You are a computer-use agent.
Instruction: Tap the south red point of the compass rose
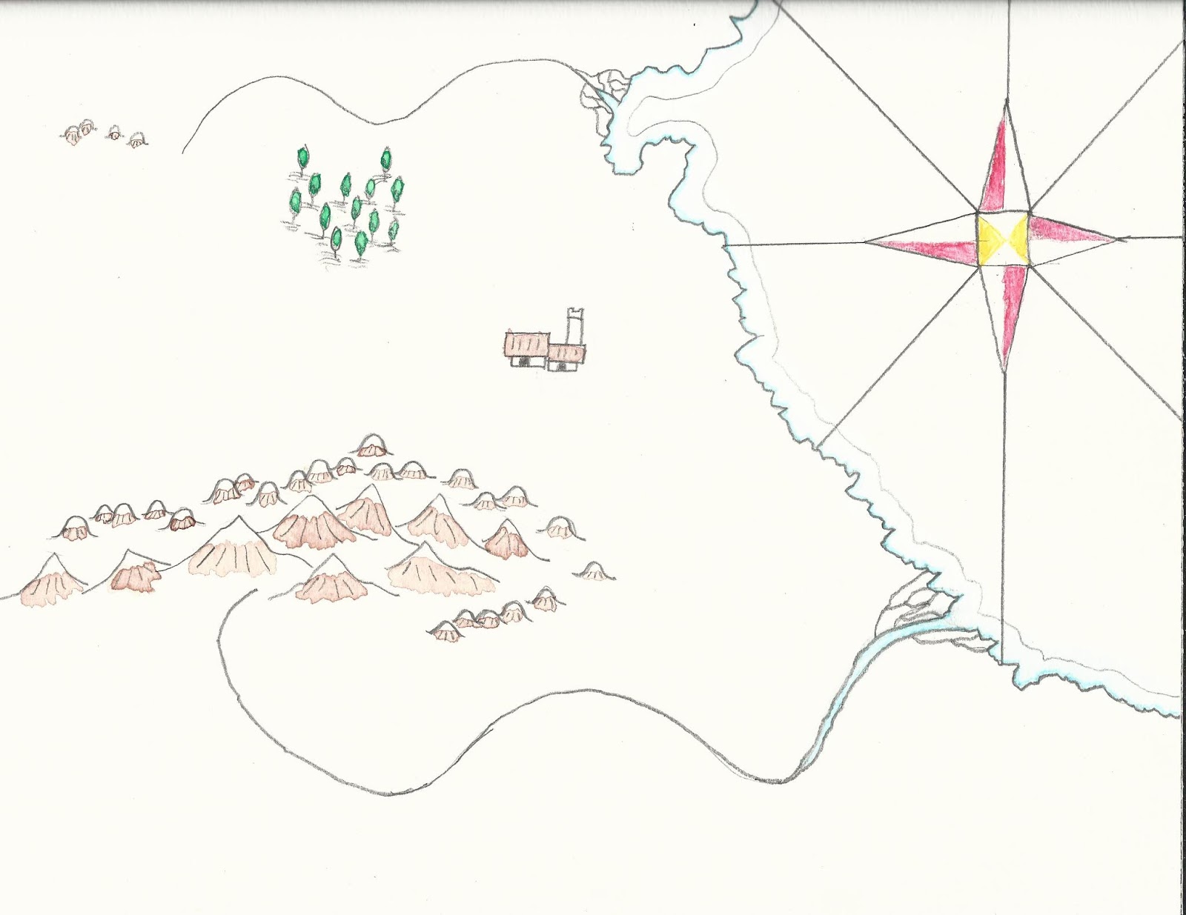[x=1005, y=311]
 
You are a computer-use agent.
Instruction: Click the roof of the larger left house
[x=526, y=345]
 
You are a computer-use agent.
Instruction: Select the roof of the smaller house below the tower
[x=567, y=351]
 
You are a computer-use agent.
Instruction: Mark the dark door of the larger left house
[x=525, y=361]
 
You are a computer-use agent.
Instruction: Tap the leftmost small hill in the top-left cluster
[x=72, y=135]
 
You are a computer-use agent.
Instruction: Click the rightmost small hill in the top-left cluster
[x=136, y=141]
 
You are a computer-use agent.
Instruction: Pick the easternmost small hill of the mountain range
[x=594, y=570]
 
